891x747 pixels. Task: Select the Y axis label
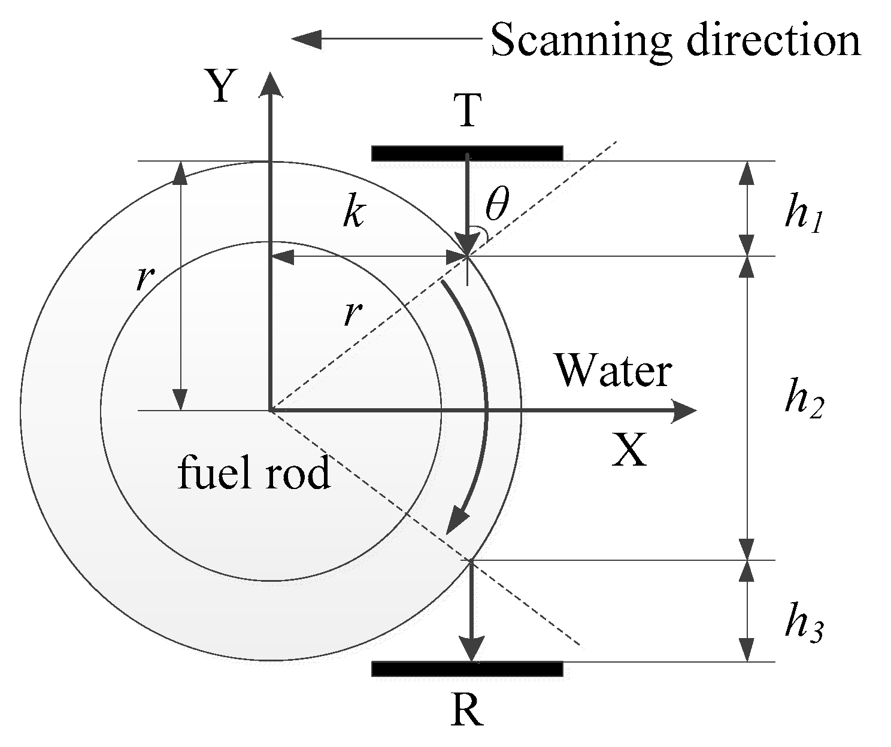(x=220, y=87)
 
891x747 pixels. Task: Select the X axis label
(x=629, y=450)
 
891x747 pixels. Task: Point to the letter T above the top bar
(x=468, y=111)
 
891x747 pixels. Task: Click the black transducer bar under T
(x=467, y=153)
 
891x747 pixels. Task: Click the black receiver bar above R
(x=467, y=669)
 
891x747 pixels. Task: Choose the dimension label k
(x=353, y=213)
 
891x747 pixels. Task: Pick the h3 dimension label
(x=804, y=626)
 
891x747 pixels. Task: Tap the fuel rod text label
(x=254, y=474)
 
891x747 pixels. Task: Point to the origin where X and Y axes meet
(x=270, y=411)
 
